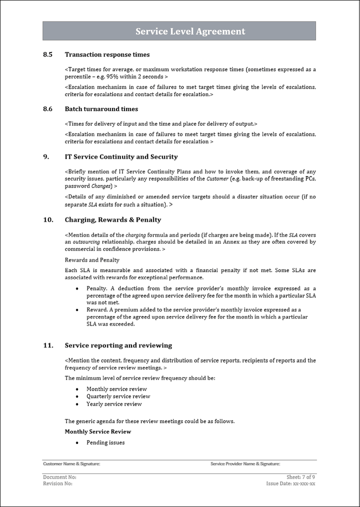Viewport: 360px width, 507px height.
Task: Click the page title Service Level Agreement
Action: coord(190,31)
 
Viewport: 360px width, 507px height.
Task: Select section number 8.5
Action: coord(47,54)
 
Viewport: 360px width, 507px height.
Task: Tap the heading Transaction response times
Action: coord(107,54)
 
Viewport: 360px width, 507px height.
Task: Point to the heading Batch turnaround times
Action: coord(101,109)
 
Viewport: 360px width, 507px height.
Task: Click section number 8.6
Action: coord(47,109)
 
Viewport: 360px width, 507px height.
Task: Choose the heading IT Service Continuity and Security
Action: coord(121,157)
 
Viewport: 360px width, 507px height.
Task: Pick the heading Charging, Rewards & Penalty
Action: coord(112,220)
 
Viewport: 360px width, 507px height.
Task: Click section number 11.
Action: coord(48,345)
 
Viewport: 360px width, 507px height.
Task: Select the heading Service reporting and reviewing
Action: coord(118,345)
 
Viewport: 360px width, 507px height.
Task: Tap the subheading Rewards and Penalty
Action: coord(92,260)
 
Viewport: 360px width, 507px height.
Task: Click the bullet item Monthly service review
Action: coord(116,389)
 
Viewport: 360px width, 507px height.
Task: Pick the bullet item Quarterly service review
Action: coord(118,396)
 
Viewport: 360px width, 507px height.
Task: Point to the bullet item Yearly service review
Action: coord(114,404)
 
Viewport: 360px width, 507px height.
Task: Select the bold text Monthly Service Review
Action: coord(98,431)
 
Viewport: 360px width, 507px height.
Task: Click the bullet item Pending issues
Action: coord(105,442)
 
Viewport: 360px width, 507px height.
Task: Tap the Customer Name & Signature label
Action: coord(71,464)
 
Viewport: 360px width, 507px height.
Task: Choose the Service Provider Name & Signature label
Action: coord(245,464)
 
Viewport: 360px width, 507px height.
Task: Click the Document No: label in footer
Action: coord(59,477)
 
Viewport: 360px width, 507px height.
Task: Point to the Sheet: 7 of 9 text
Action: coord(300,477)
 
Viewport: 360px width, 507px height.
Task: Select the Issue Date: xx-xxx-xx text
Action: coord(290,483)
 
